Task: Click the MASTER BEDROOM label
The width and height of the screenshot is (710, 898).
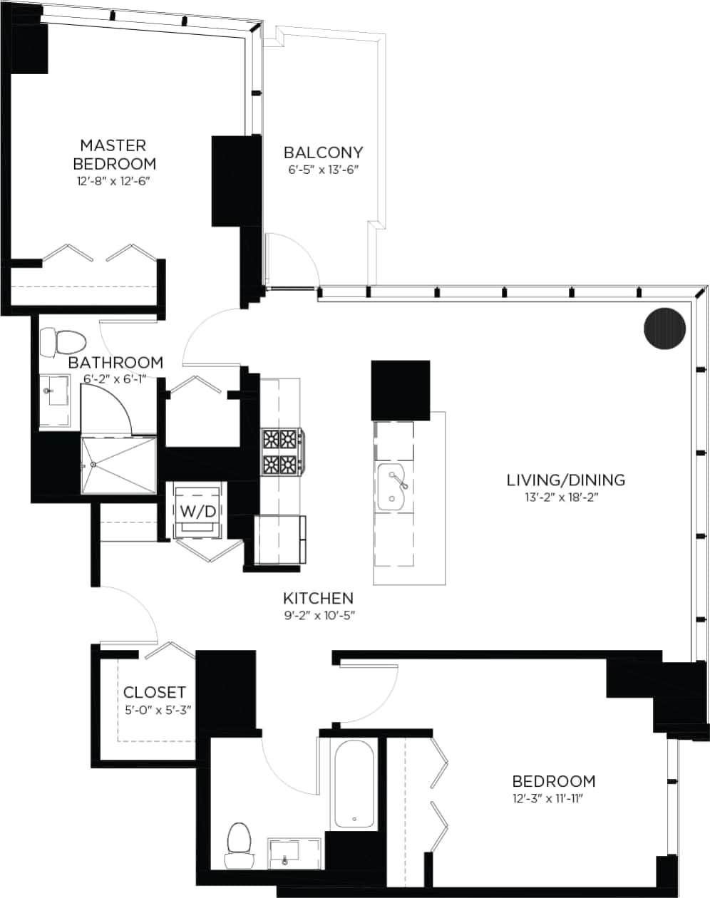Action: [x=114, y=154]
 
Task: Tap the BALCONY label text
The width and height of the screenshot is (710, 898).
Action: [x=323, y=152]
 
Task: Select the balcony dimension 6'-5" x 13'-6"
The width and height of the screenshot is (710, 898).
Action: [x=323, y=170]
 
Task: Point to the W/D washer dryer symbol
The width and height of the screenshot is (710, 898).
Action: [x=197, y=511]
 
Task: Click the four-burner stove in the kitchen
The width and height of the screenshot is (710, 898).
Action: [x=281, y=452]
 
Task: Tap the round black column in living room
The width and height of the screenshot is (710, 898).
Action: [x=664, y=329]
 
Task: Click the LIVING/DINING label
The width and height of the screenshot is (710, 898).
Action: [x=565, y=480]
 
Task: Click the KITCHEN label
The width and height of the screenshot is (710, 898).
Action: [x=318, y=598]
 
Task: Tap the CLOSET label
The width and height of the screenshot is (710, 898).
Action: [x=155, y=692]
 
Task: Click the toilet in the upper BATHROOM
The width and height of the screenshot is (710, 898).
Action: [x=63, y=342]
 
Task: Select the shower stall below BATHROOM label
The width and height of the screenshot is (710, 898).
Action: [x=118, y=465]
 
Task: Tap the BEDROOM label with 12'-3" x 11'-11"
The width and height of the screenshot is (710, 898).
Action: [x=554, y=780]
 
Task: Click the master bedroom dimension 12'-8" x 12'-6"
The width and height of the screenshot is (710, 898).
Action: [x=114, y=181]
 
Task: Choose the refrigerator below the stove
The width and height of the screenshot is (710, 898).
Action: [x=280, y=540]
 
